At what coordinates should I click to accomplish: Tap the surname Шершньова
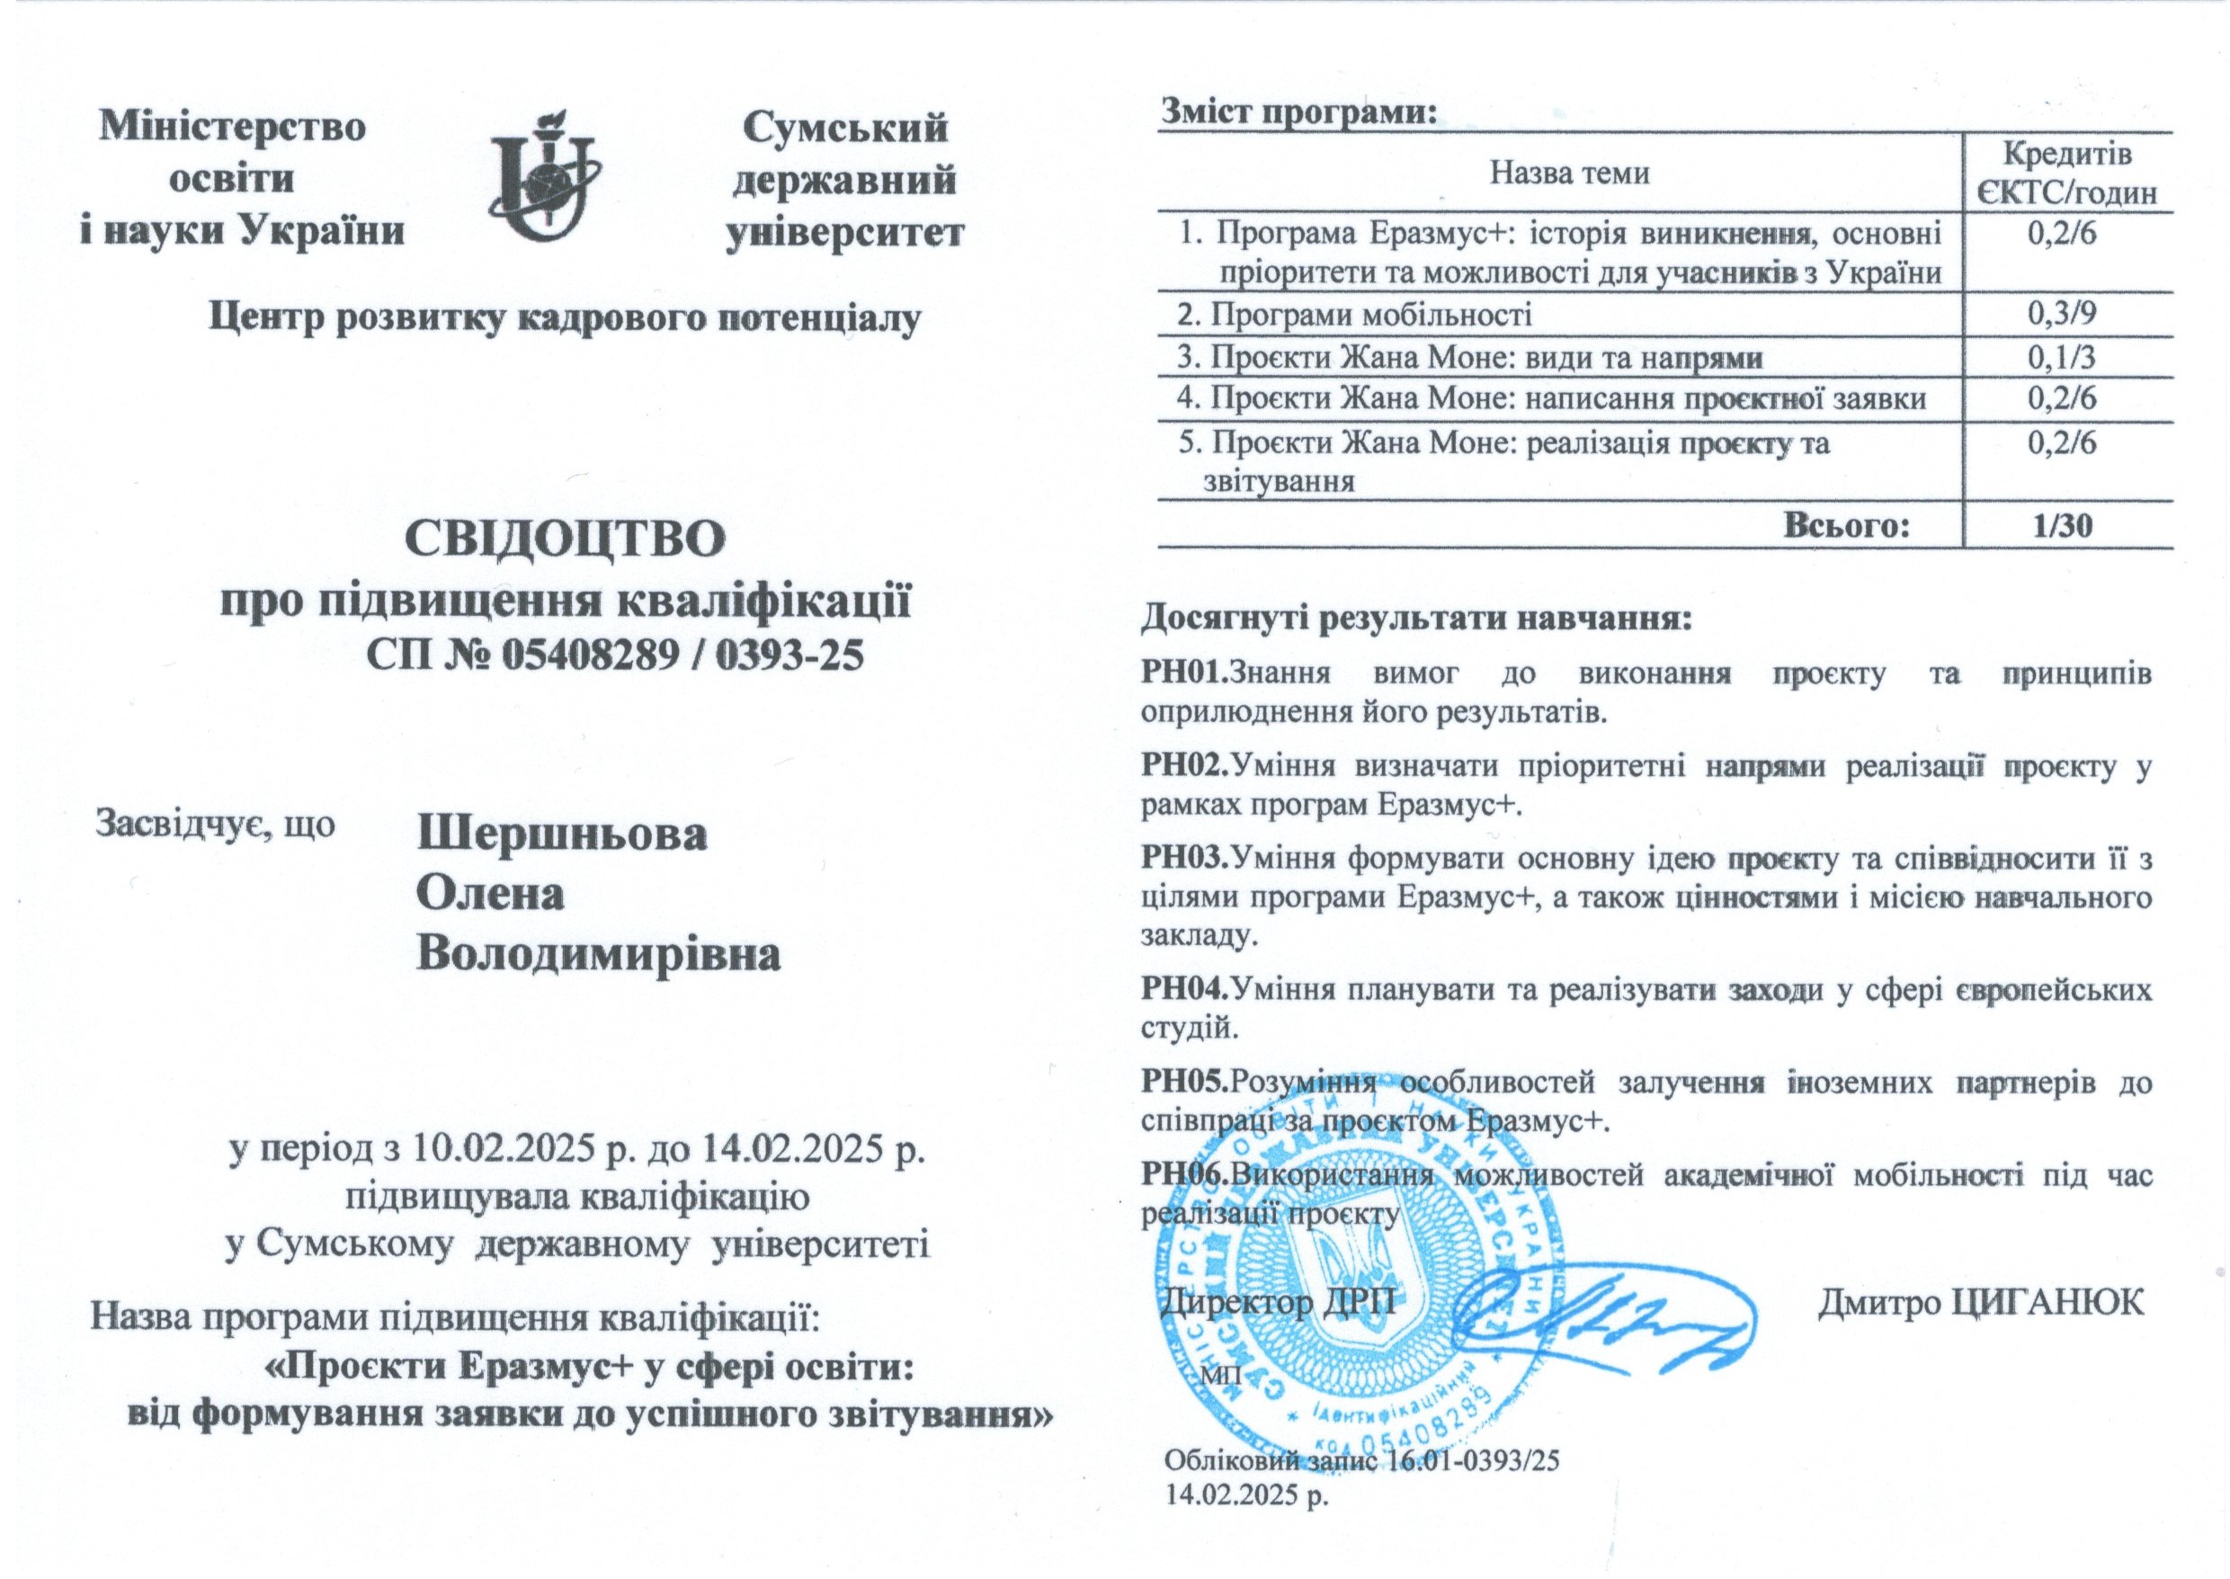tap(562, 834)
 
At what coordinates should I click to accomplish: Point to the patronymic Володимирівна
tap(599, 955)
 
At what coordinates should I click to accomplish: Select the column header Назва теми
tap(1570, 173)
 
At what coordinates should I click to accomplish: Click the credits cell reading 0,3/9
tap(2061, 314)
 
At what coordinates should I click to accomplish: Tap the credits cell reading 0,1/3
tap(2061, 358)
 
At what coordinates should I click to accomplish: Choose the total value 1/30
tap(2063, 526)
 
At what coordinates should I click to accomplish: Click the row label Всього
tap(1847, 526)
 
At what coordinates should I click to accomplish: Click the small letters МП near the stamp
tap(1216, 1376)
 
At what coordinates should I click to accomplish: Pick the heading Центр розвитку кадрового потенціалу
tap(565, 318)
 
